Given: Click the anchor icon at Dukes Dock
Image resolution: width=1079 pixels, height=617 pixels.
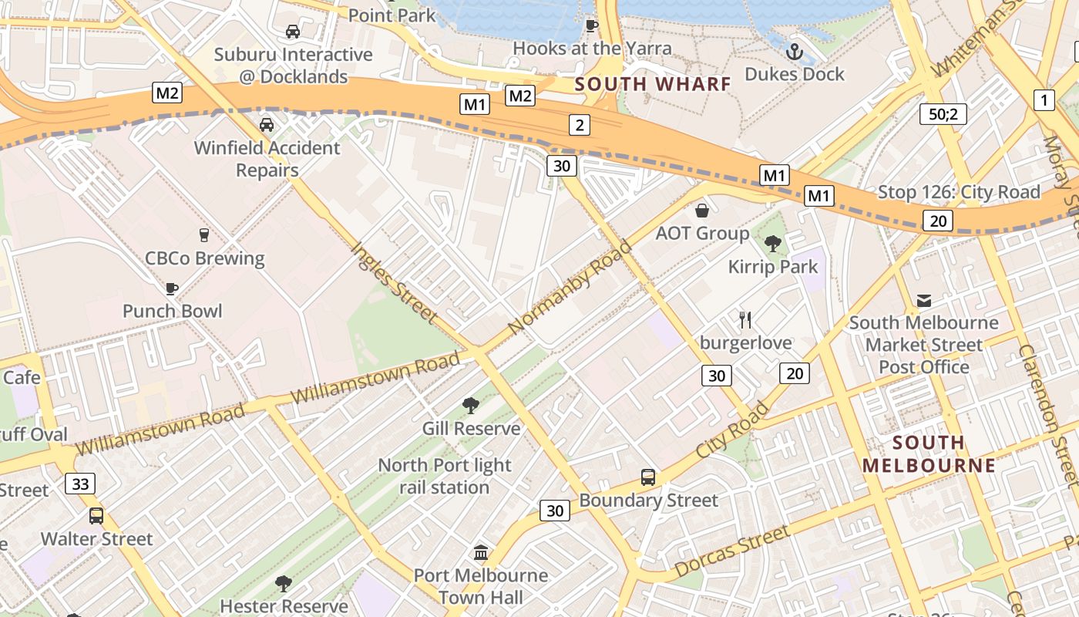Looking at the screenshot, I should [x=794, y=52].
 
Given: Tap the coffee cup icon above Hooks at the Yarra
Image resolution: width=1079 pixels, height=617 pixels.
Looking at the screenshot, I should [x=591, y=25].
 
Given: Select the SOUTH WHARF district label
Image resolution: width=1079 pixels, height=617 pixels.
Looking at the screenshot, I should [x=652, y=84].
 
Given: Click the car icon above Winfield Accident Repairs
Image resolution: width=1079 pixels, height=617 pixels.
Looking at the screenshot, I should [x=266, y=125].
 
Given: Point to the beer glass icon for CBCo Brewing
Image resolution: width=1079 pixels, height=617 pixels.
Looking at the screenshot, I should [x=204, y=235].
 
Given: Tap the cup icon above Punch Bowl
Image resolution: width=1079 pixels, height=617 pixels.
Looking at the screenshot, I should [x=172, y=288].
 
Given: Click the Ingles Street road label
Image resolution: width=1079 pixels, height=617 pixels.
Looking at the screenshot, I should [x=394, y=282].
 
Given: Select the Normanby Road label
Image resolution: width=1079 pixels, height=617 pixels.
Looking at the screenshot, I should [x=570, y=287].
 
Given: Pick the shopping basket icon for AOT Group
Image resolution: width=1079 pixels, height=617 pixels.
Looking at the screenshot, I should [x=702, y=211].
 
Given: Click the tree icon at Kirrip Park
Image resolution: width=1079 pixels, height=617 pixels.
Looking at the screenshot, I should [x=772, y=244].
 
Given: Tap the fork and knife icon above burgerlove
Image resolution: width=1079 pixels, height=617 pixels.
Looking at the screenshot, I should [x=745, y=319].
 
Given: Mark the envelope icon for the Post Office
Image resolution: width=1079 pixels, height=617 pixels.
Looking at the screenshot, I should [x=923, y=300].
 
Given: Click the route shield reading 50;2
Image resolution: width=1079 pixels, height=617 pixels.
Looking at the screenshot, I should [x=943, y=114].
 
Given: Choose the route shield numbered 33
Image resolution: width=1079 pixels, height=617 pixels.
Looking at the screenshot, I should [x=80, y=484].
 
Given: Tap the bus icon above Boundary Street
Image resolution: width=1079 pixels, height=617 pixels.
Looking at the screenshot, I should [x=648, y=477].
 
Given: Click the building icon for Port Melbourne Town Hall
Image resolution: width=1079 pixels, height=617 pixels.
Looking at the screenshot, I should [x=481, y=552].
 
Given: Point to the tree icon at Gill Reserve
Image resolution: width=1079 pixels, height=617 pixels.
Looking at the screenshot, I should [x=471, y=406].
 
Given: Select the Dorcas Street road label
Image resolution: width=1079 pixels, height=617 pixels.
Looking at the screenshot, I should [x=731, y=551].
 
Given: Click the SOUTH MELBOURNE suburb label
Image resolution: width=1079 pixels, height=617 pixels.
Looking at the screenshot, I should [x=929, y=454].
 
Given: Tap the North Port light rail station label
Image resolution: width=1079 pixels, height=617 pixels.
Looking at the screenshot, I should [x=445, y=476].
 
